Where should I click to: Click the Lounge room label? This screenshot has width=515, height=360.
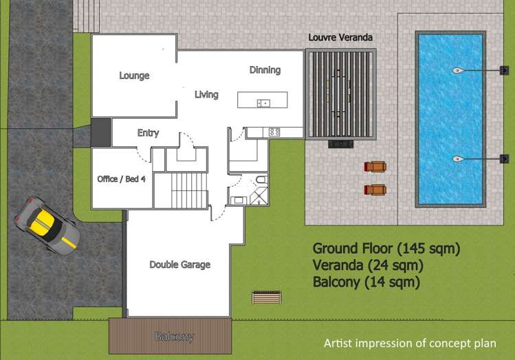(x=134, y=76)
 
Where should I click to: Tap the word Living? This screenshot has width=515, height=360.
(x=206, y=94)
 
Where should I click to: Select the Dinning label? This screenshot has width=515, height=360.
(x=265, y=70)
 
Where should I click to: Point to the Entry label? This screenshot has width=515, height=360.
(x=148, y=133)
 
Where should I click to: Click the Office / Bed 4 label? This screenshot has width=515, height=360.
(x=121, y=179)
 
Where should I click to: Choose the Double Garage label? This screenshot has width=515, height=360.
(x=179, y=265)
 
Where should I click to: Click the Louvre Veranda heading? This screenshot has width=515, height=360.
(x=341, y=37)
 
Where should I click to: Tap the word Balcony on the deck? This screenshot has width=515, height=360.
(x=174, y=337)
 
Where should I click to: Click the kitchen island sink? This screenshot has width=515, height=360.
(x=263, y=103)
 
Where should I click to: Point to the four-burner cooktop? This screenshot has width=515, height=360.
(x=274, y=131)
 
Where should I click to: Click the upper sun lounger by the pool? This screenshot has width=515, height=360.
(x=375, y=167)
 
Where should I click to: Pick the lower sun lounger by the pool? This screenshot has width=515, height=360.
(x=375, y=190)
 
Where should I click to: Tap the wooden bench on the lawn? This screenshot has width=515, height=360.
(x=266, y=297)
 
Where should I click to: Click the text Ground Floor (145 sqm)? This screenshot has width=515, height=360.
(x=386, y=248)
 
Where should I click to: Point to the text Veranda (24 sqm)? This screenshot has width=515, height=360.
(x=367, y=265)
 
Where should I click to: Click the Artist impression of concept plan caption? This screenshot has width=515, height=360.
(x=409, y=343)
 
